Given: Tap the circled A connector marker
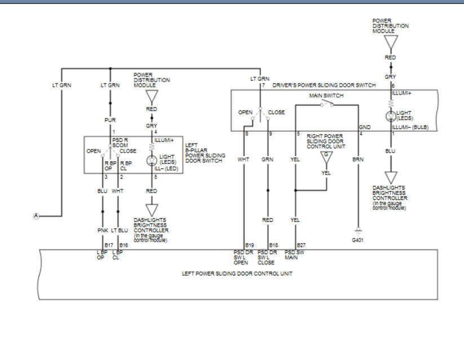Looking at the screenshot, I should (37, 216).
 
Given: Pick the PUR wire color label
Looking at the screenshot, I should (109, 120).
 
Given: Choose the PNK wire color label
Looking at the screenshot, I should (103, 230).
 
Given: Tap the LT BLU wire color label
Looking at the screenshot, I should (119, 230).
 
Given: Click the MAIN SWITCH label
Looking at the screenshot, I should (326, 96).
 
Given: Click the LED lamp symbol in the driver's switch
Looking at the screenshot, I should (391, 117).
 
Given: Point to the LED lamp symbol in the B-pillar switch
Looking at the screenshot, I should (151, 160).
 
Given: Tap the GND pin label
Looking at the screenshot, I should (364, 127).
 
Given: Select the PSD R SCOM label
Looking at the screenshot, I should (120, 143).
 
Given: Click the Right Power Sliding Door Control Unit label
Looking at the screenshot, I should (325, 141).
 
